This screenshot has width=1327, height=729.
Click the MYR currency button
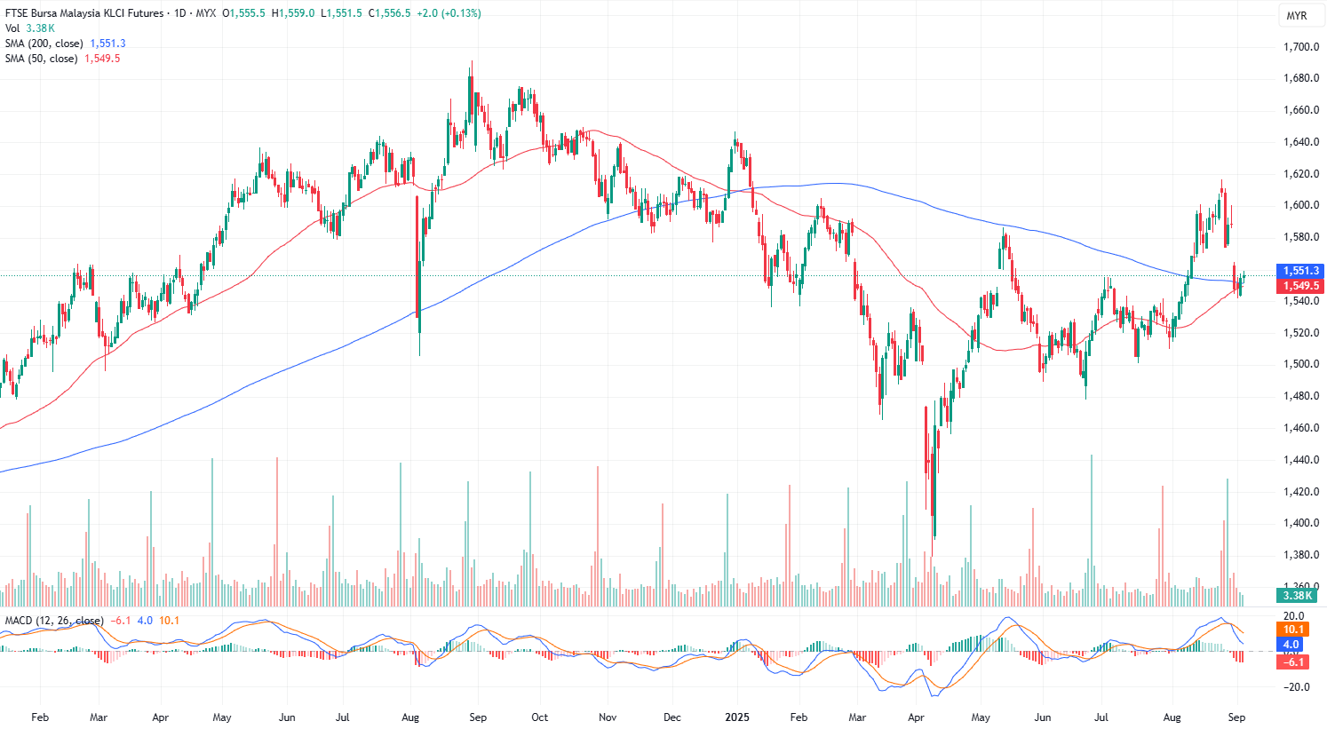(x=1296, y=16)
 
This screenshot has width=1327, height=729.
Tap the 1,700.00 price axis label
(x=1300, y=47)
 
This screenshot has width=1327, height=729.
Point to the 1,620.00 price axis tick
(x=1300, y=174)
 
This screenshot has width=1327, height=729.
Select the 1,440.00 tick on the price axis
(x=1300, y=460)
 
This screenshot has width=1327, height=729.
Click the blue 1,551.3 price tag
(x=1300, y=271)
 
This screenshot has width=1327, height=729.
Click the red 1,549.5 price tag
(x=1300, y=286)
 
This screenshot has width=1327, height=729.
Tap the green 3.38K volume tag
(x=1297, y=595)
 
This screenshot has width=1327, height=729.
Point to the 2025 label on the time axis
(x=737, y=717)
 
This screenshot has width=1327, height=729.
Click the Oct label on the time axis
(x=539, y=717)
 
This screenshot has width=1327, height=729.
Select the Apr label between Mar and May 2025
(x=916, y=717)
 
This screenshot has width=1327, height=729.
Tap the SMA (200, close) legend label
(x=44, y=44)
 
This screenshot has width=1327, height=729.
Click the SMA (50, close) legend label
(x=41, y=59)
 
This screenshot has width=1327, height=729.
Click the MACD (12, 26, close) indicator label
(x=54, y=621)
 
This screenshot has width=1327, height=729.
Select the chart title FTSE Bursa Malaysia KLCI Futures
(x=84, y=13)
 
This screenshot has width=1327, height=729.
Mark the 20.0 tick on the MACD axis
(x=1293, y=616)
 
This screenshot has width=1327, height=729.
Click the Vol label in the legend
(x=12, y=28)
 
